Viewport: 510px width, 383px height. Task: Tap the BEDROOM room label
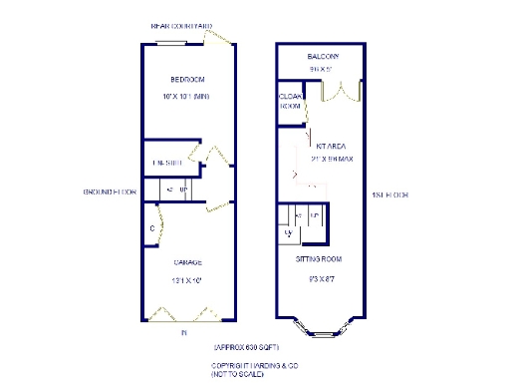pos(186,80)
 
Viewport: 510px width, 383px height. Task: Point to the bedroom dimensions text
pos(185,97)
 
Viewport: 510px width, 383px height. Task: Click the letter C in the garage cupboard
pos(151,228)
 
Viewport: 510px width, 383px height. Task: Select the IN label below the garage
pos(183,334)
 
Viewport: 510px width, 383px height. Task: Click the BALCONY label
pos(323,57)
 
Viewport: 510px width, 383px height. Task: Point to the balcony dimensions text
pos(322,70)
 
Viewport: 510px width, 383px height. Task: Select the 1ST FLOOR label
pos(389,194)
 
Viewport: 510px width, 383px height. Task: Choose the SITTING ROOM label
pos(321,259)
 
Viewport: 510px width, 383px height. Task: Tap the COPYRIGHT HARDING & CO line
pos(255,365)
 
